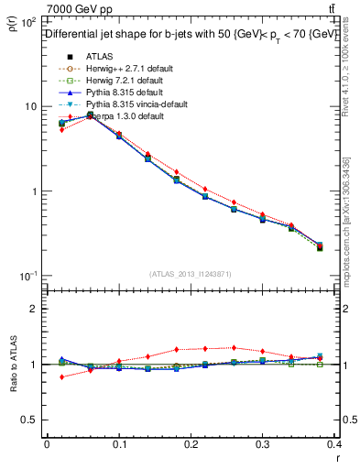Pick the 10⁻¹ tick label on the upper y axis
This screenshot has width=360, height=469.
click(x=27, y=277)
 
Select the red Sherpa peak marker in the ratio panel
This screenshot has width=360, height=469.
click(x=235, y=347)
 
